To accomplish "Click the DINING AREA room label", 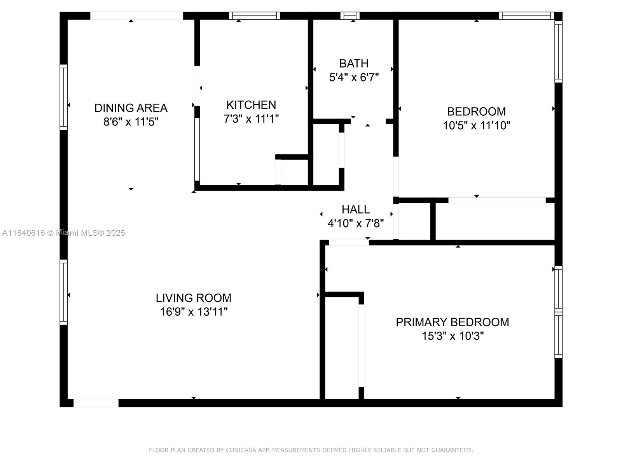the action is [131, 108].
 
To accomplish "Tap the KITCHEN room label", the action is [251, 105].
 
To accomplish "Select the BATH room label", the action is [354, 63].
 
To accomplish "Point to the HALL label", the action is [356, 209].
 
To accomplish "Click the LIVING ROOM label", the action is [194, 298].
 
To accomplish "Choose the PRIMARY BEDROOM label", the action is [452, 322].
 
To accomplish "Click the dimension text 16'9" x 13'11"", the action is [194, 312].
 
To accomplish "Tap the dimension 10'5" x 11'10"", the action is [477, 125].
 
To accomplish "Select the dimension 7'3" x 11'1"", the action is [251, 119].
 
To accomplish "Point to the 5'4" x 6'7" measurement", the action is [354, 77].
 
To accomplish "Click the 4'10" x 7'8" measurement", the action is [356, 223].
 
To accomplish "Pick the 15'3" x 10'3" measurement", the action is [453, 336].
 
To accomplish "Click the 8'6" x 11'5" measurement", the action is [131, 122].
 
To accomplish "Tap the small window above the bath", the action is [349, 16].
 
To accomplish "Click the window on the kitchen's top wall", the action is [254, 16].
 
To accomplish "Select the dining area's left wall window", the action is [64, 97].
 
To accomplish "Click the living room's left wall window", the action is [64, 292].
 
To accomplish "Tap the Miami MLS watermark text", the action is [63, 233].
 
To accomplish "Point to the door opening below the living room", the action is [96, 403].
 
